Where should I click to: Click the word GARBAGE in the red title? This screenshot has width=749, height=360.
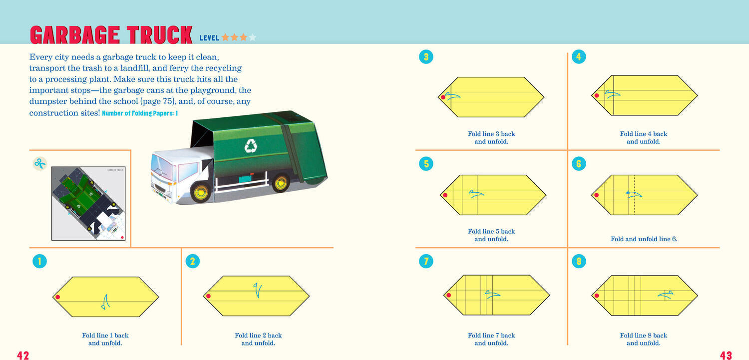[74, 35]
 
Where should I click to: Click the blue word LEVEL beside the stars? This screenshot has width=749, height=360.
[209, 38]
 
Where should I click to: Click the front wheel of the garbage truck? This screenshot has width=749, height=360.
[201, 192]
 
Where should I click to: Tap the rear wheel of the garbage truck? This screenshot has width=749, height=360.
[280, 183]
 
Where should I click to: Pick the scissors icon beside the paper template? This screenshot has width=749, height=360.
[40, 163]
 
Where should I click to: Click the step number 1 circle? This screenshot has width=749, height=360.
[39, 261]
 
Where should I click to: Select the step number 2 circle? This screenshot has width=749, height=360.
[193, 261]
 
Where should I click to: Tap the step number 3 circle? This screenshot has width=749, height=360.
[426, 57]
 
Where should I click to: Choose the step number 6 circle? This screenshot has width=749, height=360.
[579, 164]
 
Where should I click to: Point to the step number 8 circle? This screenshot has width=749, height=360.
[579, 262]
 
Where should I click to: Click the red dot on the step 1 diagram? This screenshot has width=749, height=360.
[58, 297]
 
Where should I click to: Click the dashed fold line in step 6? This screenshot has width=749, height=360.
[634, 195]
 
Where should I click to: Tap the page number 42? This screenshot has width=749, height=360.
[23, 355]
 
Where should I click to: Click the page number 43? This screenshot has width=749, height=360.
[726, 355]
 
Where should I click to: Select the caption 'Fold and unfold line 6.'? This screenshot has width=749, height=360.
[644, 239]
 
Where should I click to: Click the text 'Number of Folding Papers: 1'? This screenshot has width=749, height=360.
[140, 113]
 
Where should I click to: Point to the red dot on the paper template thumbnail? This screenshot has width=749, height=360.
[122, 237]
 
